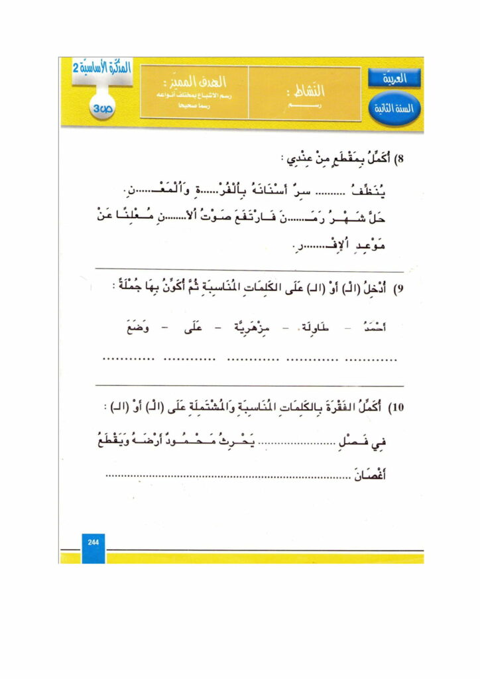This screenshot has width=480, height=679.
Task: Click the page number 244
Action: (93, 542)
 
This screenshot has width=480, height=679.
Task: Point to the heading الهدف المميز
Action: (204, 82)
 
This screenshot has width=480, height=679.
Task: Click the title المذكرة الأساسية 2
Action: (99, 68)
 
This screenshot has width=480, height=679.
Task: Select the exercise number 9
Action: (399, 290)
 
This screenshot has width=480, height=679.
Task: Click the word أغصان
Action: (372, 475)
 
